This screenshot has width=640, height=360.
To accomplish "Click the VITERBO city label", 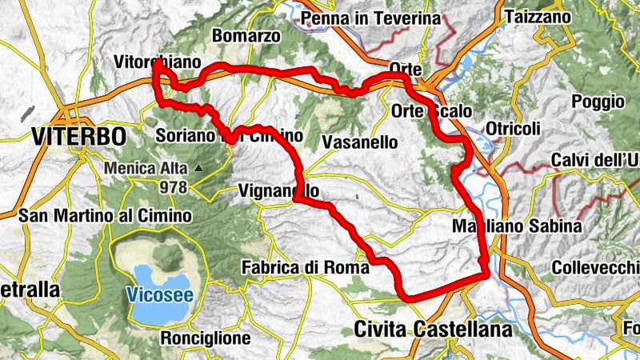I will tap(79, 135).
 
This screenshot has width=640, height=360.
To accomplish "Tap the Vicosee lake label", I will tap(158, 294).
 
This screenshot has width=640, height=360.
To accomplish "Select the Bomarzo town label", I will tap(246, 36).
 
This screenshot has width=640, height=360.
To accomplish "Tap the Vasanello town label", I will tap(359, 142).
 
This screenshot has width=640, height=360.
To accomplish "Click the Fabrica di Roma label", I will tap(306, 268).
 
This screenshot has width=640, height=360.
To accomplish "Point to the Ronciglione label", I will tap(206, 338).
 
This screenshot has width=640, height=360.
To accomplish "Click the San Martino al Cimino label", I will tap(105, 216).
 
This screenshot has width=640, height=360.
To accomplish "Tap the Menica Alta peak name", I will tap(145, 169).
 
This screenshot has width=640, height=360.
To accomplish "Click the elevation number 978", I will tap(173, 187).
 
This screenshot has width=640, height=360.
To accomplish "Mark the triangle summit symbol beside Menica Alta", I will tap(197, 168).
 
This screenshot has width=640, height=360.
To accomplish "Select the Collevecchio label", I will tap(597, 266).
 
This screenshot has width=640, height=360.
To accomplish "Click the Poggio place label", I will tap(598, 102).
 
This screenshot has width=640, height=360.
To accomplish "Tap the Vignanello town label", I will tap(279, 191).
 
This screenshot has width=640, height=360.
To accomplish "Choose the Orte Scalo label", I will tap(433, 110).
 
